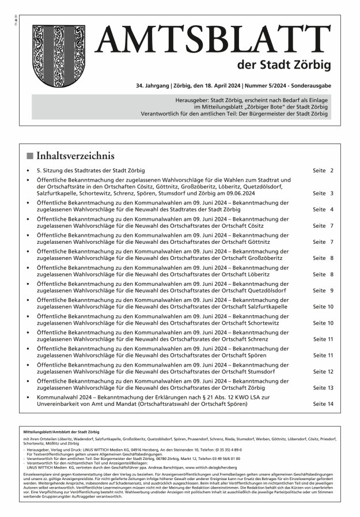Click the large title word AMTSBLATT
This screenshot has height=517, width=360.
213,40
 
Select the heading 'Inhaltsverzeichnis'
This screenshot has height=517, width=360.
75,156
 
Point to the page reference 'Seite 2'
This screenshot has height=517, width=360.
323,171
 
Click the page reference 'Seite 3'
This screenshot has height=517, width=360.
323,194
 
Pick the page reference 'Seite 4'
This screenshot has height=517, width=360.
323,210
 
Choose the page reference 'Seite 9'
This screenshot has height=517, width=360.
323,290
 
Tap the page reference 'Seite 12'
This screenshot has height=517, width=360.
323,372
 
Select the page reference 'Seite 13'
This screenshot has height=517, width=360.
323,388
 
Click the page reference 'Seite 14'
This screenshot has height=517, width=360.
323,404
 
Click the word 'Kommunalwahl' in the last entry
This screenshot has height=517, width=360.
56,398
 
